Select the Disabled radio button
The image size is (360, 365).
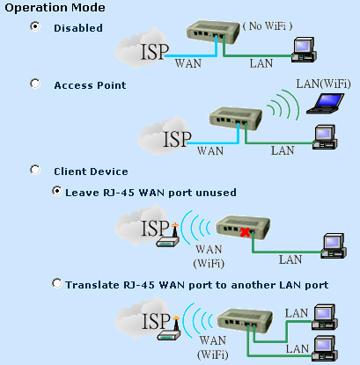pos(35,26)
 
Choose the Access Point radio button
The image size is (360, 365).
pos(35,84)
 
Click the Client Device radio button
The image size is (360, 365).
pos(35,170)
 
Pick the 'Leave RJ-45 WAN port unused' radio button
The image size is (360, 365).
pos(57,191)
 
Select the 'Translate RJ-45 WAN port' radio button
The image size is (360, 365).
pos(57,283)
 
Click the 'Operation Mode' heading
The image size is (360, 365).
pos(55,8)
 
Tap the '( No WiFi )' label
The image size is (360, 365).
pos(268,26)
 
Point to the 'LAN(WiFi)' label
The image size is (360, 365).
pos(323,84)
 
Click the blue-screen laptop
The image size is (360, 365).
pos(326,103)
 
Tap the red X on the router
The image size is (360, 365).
pos(245,232)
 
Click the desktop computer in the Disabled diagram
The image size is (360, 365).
pos(304,49)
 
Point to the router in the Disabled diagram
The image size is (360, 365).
pos(213,32)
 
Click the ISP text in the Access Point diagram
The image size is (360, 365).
pos(177,139)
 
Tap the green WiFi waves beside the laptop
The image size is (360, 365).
pos(283,106)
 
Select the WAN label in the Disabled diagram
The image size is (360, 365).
pos(188,63)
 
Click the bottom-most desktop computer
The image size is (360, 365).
pos(325,348)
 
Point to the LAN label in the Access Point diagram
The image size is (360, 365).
pos(283,150)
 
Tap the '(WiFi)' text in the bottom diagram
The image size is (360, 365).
pos(213,354)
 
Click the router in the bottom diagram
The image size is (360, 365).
pos(246,320)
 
